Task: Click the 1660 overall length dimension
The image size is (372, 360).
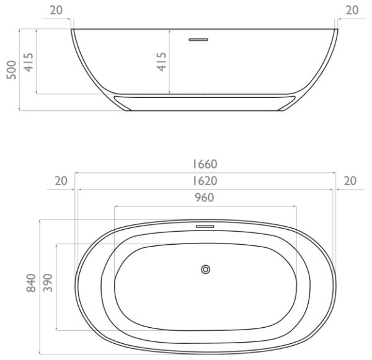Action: [x=205, y=164]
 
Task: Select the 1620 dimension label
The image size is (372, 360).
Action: [x=205, y=181]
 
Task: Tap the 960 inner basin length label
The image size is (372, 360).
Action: [x=205, y=198]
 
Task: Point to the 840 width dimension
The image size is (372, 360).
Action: [x=31, y=283]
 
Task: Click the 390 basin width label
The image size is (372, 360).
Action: [x=48, y=283]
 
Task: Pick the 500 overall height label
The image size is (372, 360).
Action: [x=11, y=70]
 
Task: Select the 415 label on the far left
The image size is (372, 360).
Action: [x=29, y=62]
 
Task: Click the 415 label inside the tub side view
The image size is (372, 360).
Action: [x=161, y=62]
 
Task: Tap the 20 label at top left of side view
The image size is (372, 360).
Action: [x=56, y=10]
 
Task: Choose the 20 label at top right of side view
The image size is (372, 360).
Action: [x=352, y=10]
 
